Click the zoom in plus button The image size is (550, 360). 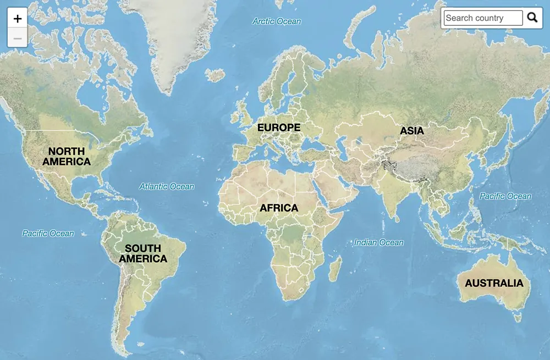pyautogui.click(x=18, y=19)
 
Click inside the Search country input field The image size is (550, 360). pyautogui.click(x=483, y=18)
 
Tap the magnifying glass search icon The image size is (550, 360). pyautogui.click(x=532, y=18)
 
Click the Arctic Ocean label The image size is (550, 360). pyautogui.click(x=277, y=21)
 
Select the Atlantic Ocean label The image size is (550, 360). pyautogui.click(x=167, y=186)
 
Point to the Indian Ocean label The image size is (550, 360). pyautogui.click(x=378, y=242)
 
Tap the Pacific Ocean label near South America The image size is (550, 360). pyautogui.click(x=48, y=234)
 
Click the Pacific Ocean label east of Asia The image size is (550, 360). pyautogui.click(x=505, y=196)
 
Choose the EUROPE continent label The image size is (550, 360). pyautogui.click(x=279, y=128)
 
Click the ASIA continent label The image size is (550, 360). pyautogui.click(x=412, y=131)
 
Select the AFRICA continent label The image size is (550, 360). pyautogui.click(x=279, y=208)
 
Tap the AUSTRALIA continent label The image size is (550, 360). pyautogui.click(x=494, y=284)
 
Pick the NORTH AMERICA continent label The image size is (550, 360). pyautogui.click(x=67, y=157)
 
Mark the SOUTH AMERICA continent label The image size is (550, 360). pyautogui.click(x=143, y=253)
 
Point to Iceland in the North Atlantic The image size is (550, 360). pyautogui.click(x=215, y=75)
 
